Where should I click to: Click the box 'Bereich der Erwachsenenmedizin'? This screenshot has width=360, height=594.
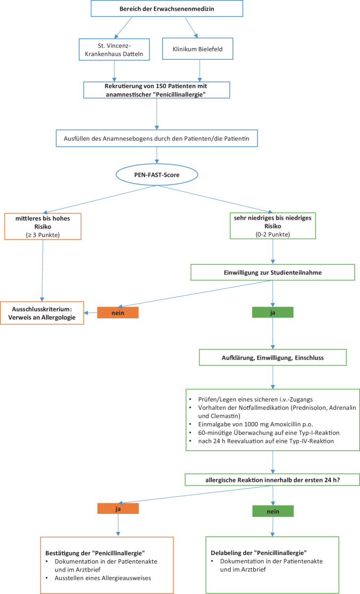point(167,9)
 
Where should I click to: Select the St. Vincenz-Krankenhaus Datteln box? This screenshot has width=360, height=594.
point(114,49)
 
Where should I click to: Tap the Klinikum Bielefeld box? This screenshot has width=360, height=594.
point(198,49)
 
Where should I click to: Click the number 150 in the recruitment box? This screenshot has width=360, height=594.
point(161,86)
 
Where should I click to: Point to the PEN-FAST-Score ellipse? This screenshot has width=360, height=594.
point(157,175)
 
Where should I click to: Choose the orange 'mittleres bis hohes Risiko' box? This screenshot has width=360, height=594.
point(43,226)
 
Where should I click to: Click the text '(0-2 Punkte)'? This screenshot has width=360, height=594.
point(273,234)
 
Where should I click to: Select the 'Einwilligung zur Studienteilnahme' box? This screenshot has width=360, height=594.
point(272,272)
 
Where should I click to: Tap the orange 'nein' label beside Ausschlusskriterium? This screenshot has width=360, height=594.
point(118,312)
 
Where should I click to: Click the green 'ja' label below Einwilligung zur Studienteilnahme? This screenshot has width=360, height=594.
point(273,312)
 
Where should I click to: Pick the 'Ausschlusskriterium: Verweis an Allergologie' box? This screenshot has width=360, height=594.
point(42,313)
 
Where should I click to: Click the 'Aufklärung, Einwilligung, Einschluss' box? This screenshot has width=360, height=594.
point(273,357)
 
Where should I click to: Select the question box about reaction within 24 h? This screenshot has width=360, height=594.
point(272,480)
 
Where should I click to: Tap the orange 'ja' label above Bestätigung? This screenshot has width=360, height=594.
point(118,509)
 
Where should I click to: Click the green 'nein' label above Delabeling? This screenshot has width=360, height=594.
point(273,511)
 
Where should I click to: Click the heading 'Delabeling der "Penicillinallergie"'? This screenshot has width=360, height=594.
point(259,553)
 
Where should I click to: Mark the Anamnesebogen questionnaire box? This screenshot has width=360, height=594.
point(157,138)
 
